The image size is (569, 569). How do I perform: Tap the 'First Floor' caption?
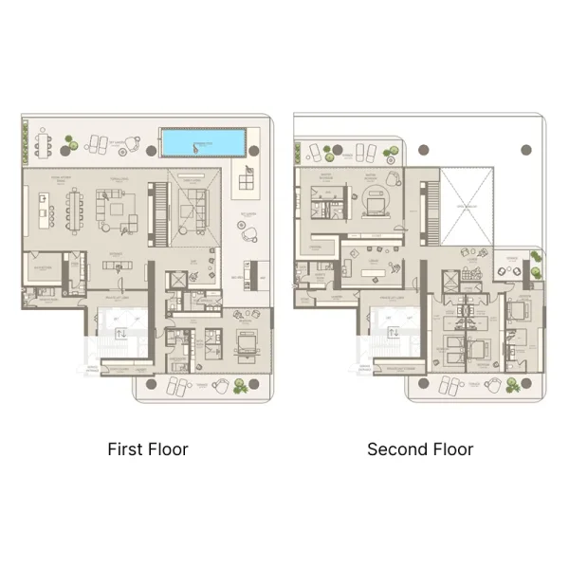click(x=148, y=449)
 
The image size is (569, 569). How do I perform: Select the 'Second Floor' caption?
click(x=420, y=449)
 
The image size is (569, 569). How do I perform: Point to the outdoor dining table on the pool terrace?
click(x=43, y=144)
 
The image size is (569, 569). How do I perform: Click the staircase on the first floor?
click(x=158, y=204)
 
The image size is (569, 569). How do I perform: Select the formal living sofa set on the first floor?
click(x=118, y=208)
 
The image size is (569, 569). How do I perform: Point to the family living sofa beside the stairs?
click(x=193, y=202)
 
